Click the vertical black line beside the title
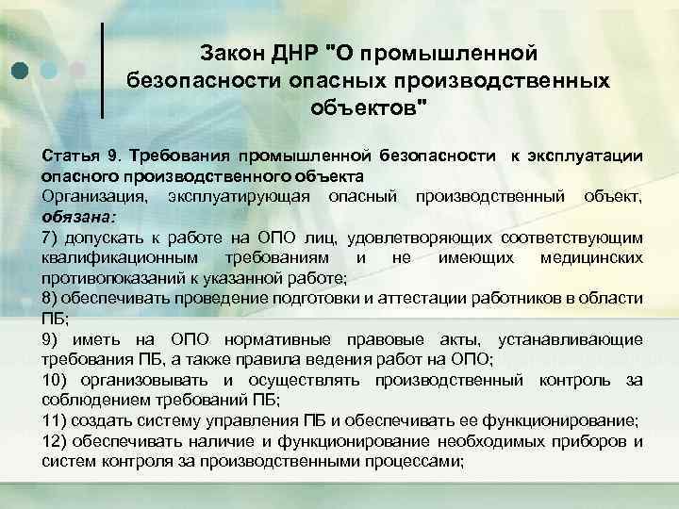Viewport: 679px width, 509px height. coord(101,72)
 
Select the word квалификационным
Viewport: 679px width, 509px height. coord(117,256)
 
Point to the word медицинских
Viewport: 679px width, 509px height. coord(592,256)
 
